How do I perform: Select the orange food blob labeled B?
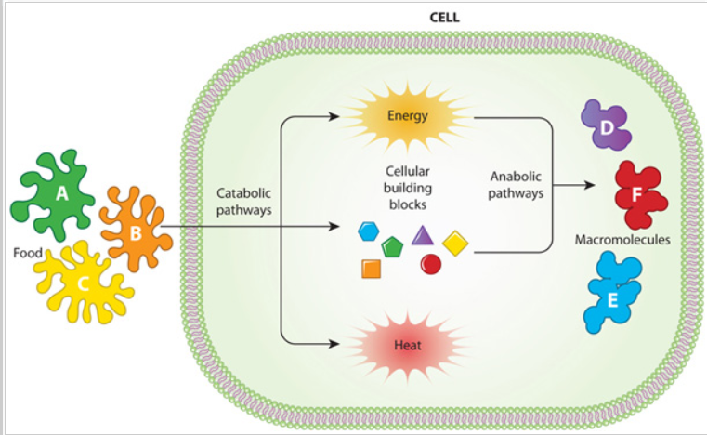click(x=136, y=232)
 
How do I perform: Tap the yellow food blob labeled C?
click(x=82, y=283)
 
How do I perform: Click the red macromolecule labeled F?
click(x=639, y=196)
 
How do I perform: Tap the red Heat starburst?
click(x=408, y=345)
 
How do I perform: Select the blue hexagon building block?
click(x=369, y=230)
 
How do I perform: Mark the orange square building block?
click(x=371, y=269)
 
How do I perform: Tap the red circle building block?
click(x=431, y=264)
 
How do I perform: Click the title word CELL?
click(x=445, y=17)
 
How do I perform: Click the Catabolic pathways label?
click(x=244, y=202)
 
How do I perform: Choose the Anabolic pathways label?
click(x=517, y=185)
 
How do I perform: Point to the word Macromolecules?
click(x=622, y=240)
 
